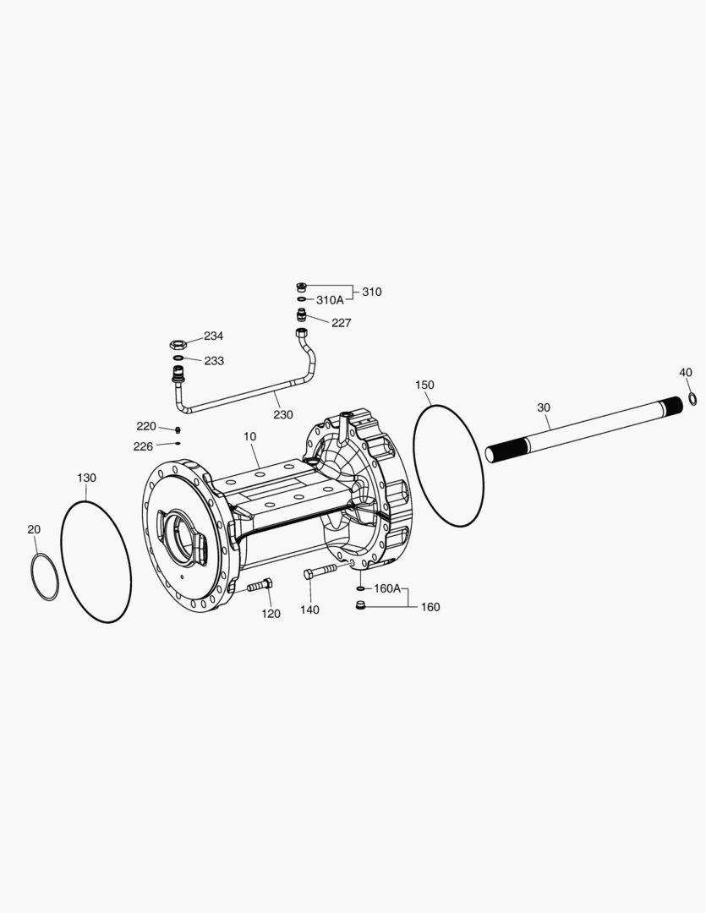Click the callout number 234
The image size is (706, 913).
[x=213, y=336]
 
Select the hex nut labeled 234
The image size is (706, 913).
[x=178, y=344]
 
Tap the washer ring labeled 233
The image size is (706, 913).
[x=178, y=358]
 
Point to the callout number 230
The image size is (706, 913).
[x=282, y=414]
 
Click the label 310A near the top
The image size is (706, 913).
[x=330, y=300]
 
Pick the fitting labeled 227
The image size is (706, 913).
[x=302, y=315]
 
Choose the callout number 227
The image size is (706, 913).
[x=341, y=323]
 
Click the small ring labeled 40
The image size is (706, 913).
[x=692, y=398]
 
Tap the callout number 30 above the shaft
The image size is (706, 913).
[x=544, y=407]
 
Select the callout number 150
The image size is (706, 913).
[x=424, y=385]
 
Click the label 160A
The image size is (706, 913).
[x=387, y=588]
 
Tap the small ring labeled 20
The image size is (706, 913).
[x=45, y=577]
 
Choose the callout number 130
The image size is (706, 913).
[x=86, y=478]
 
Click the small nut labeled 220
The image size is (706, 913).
[x=178, y=429]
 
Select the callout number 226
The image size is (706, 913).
[x=143, y=446]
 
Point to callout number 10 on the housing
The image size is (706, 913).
[x=249, y=436]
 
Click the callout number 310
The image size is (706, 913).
[x=372, y=292]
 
